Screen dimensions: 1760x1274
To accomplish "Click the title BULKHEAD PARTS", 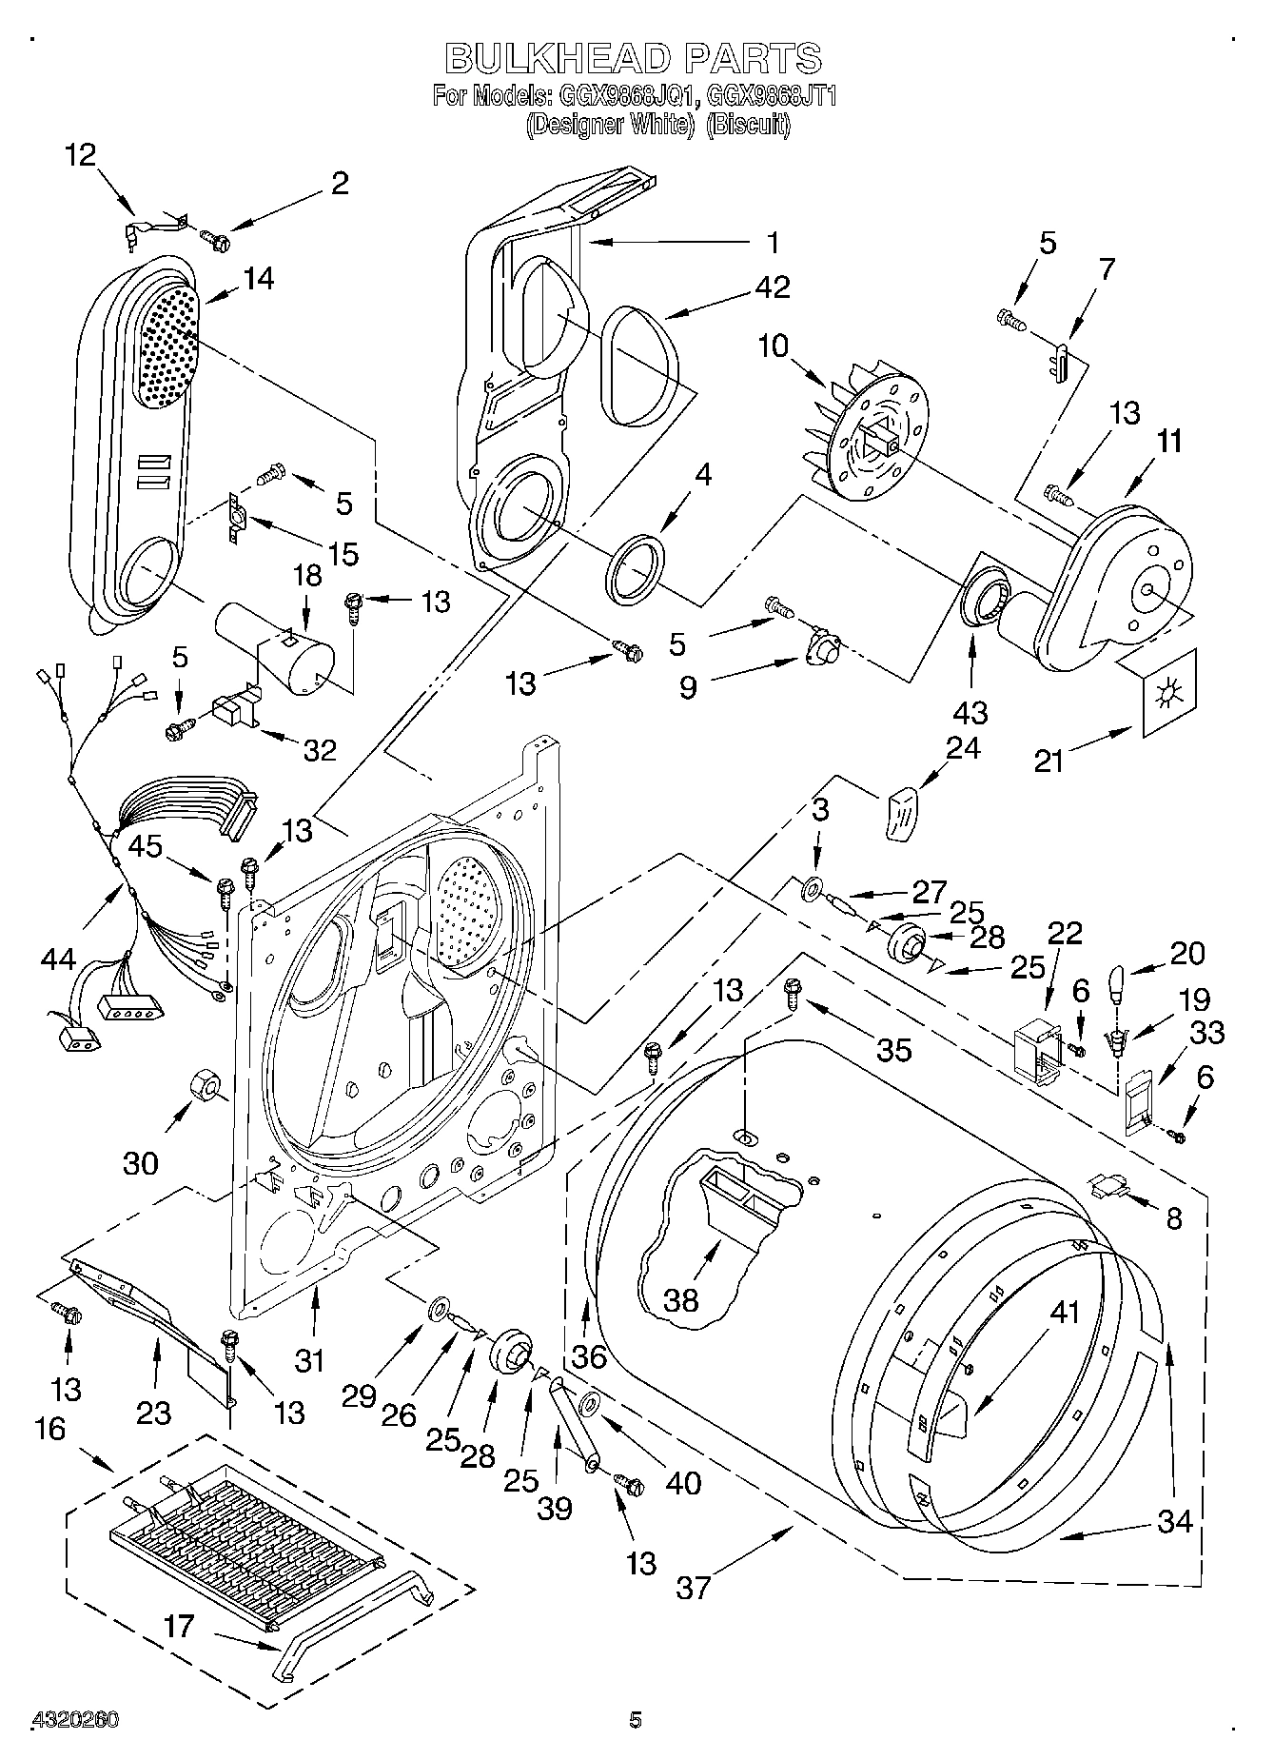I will click(x=634, y=58).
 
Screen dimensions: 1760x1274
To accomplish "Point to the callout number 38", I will click(x=681, y=1300).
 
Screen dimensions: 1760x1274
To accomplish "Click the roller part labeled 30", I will click(x=204, y=1083).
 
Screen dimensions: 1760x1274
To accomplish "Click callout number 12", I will click(x=81, y=154).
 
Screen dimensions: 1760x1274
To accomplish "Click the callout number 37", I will click(x=694, y=1587).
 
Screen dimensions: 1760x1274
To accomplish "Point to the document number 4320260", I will click(x=75, y=1719).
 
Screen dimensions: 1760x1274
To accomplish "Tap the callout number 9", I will click(x=688, y=687).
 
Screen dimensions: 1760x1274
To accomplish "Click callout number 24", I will click(x=962, y=748).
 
